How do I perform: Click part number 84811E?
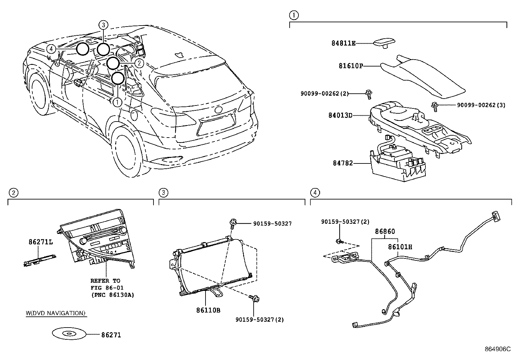coord(343,43)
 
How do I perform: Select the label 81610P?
coord(351,66)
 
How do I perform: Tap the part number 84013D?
coord(340,115)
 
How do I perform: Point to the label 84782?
coord(343,163)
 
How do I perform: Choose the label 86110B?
coord(208,310)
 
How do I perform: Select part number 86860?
coord(385,231)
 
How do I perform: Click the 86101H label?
coord(400,247)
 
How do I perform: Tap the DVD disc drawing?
coord(69,334)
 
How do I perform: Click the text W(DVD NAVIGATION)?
coord(56,313)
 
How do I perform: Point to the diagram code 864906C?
coord(497,349)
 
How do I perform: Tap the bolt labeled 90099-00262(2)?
coord(368,94)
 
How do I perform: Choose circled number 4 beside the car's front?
coord(51,49)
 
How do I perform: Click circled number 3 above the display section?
coord(163,193)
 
